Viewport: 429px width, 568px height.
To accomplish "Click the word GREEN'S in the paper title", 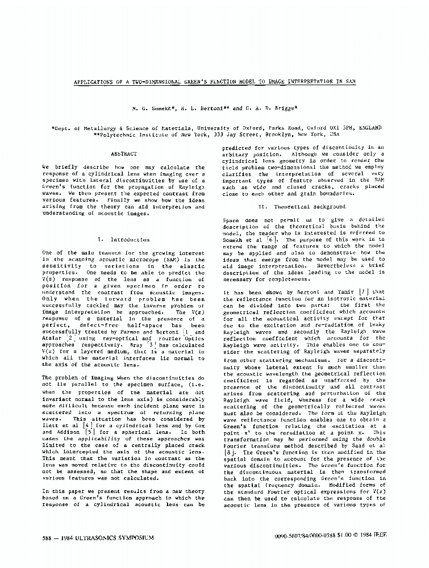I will [196, 82].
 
